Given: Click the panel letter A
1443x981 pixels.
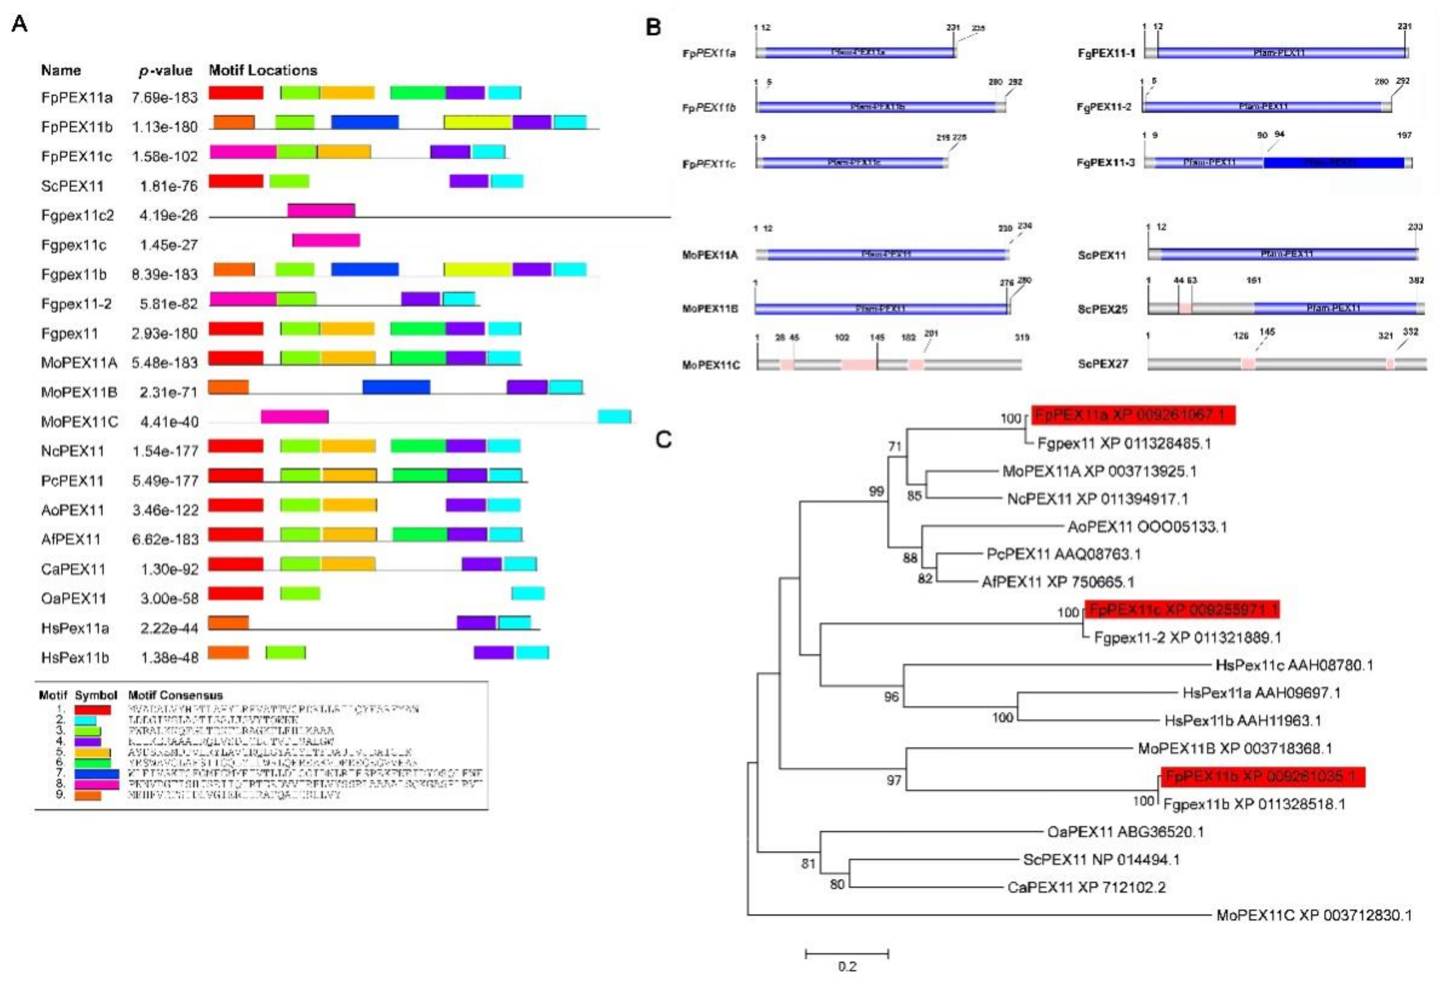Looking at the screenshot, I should click(20, 24).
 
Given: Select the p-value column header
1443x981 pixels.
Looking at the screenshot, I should click(165, 71).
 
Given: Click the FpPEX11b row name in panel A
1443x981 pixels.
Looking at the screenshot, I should click(76, 127).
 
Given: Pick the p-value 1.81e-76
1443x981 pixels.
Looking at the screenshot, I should click(164, 186).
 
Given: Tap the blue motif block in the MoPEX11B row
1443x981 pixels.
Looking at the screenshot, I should click(396, 387).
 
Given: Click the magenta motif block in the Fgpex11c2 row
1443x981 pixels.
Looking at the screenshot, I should click(321, 210).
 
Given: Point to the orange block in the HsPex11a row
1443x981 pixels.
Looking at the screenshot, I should click(228, 622).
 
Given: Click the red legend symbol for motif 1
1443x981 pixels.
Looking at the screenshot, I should click(92, 710).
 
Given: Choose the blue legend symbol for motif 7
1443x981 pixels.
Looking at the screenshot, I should click(96, 774).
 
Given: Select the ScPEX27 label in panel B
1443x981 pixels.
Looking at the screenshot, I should click(1102, 364).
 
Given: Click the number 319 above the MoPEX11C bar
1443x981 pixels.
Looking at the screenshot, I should click(1022, 338).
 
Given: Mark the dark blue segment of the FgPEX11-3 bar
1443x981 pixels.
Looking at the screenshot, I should click(1334, 163).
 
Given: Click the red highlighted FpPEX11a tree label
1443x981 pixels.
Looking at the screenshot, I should click(1133, 415).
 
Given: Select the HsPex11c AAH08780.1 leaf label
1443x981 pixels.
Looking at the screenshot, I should click(1294, 666).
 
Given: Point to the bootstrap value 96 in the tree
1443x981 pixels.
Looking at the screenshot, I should click(891, 697).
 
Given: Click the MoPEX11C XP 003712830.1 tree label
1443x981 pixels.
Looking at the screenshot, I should click(1314, 915).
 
